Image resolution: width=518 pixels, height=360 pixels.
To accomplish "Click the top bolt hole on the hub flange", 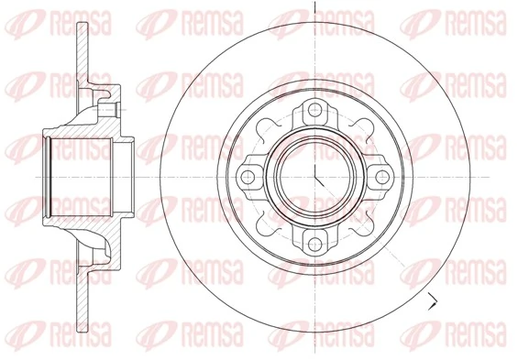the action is coord(315,109).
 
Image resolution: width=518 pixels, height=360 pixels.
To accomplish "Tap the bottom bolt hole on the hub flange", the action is coord(315,245).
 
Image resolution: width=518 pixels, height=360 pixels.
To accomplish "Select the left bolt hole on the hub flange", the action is coord(247,177).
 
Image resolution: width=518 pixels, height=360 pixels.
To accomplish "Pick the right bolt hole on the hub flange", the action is coord(382,177).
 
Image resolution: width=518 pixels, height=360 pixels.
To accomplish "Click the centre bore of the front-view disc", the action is coord(315,177).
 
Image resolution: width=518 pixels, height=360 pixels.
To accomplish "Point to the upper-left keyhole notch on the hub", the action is coord(267,127).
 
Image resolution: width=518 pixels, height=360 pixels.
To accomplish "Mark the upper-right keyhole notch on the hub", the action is coord(364,127).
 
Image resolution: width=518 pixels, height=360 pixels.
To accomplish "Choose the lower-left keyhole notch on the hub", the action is coord(267,226).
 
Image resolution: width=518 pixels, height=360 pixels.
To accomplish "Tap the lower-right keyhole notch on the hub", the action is coord(364,226).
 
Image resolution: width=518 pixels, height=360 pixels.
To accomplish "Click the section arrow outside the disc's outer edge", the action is coord(432,301).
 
